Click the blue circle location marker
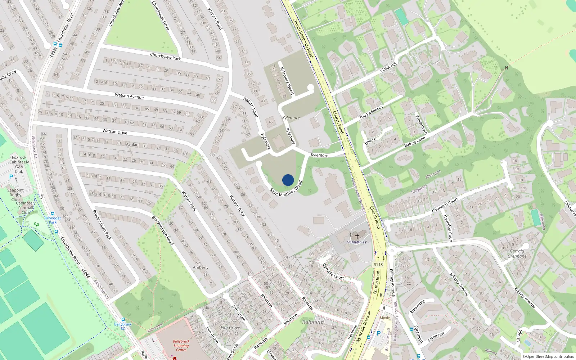(x=288, y=180)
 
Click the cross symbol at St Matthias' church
(x=357, y=237)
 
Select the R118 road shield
(x=378, y=265)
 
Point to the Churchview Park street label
(x=165, y=57)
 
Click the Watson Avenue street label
(x=129, y=96)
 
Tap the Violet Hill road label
(x=388, y=67)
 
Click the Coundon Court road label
(x=445, y=206)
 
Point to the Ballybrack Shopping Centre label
(x=181, y=345)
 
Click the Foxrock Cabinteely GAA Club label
(x=19, y=164)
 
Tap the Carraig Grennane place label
(x=517, y=254)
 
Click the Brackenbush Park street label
(x=102, y=225)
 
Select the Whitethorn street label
(x=422, y=124)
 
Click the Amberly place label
(x=201, y=267)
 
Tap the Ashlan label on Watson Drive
(x=132, y=144)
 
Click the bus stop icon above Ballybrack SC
(x=123, y=319)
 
